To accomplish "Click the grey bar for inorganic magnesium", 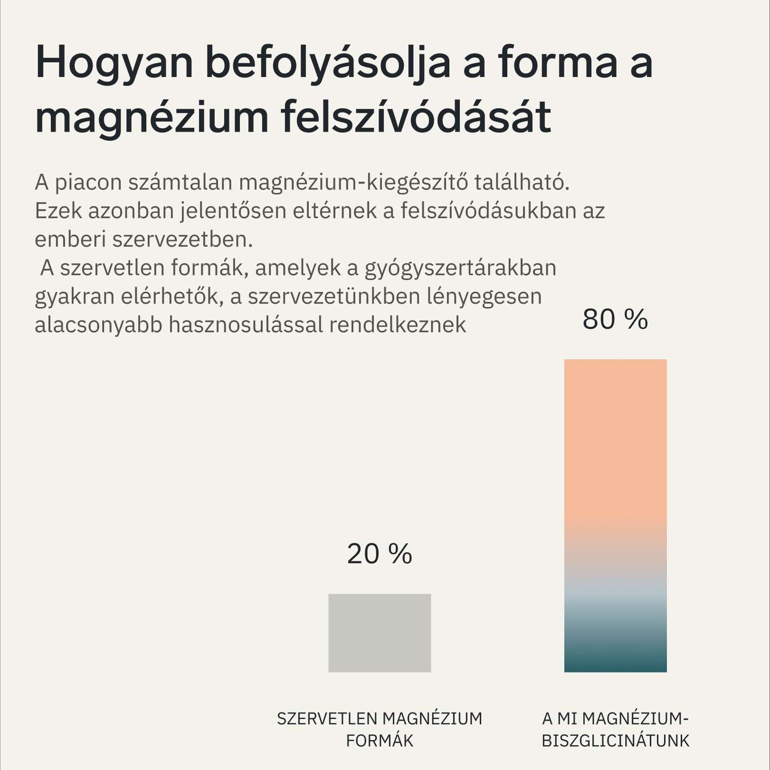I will (x=379, y=633).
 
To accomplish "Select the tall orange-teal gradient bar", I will (x=615, y=515).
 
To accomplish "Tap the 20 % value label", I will (x=379, y=554).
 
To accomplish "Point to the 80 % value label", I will (x=615, y=319).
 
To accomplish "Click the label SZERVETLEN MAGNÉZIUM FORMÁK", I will (x=379, y=729).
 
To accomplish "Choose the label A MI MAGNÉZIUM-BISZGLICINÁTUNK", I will (x=615, y=729).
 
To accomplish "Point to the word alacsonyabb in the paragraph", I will (x=98, y=325).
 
